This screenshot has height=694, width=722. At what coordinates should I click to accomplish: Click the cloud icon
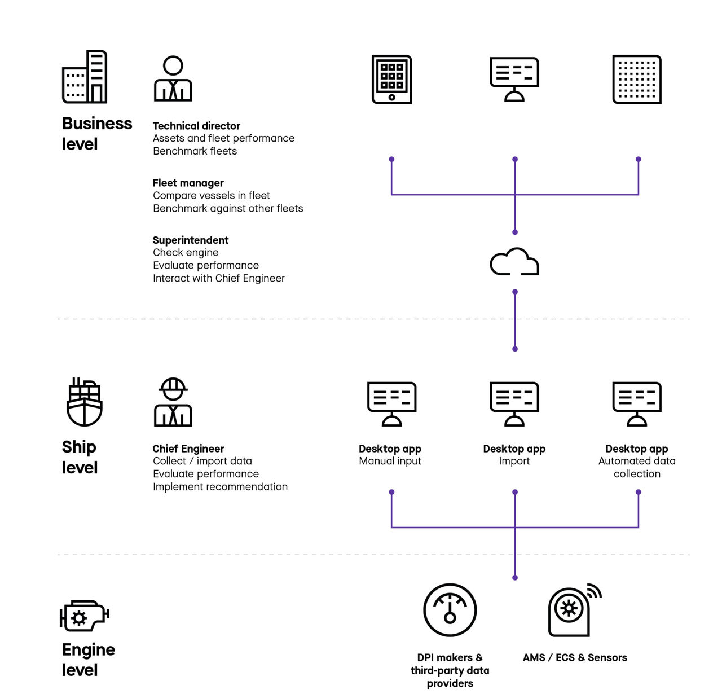(x=514, y=262)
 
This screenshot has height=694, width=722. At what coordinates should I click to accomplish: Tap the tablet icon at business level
(x=391, y=80)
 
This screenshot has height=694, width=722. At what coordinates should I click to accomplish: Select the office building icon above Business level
(x=85, y=77)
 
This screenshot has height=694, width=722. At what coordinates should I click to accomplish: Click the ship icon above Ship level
(x=85, y=402)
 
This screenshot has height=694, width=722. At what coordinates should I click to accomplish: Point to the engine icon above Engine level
(x=84, y=615)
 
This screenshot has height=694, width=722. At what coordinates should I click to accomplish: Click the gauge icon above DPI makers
(x=450, y=610)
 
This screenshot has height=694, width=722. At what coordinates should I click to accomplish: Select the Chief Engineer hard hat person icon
(x=173, y=402)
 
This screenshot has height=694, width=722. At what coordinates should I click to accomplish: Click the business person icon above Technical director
(x=173, y=79)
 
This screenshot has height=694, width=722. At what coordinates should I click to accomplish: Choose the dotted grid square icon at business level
(x=637, y=80)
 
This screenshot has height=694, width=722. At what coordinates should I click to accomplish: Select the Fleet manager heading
(x=188, y=183)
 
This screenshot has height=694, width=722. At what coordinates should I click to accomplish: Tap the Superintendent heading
(x=191, y=240)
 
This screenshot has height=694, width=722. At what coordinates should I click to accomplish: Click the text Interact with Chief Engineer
(x=219, y=278)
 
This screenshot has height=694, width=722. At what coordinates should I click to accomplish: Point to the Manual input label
(x=390, y=461)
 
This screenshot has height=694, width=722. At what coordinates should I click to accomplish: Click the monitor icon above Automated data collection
(x=637, y=403)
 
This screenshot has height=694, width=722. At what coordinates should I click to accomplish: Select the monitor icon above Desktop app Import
(x=514, y=403)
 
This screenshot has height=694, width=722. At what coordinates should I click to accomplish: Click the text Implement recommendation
(x=220, y=487)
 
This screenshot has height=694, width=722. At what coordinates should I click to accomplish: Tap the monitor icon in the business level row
(x=514, y=79)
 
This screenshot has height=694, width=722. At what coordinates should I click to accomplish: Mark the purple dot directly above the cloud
(x=515, y=232)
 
